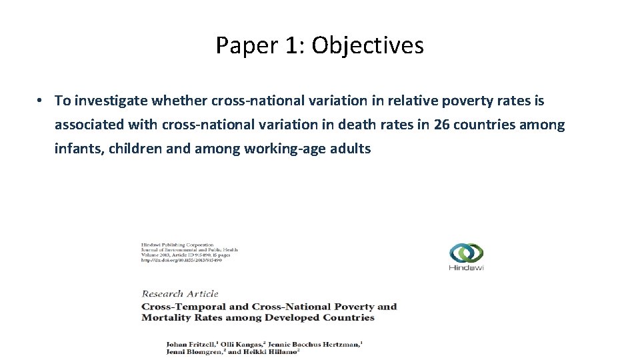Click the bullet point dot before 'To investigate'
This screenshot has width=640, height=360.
point(40,101)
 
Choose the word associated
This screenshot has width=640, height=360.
point(88,125)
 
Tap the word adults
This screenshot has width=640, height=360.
point(349,149)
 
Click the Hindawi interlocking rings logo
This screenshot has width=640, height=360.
point(466,253)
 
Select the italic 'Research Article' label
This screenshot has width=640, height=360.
point(180,293)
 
